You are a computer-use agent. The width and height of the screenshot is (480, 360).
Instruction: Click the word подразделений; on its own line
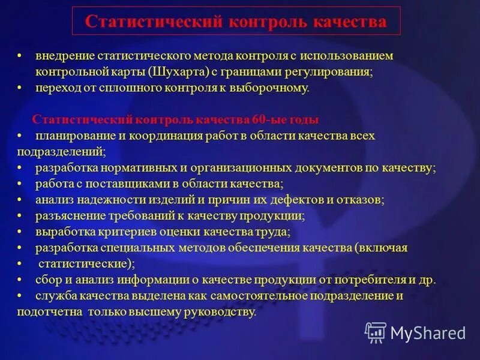(x=61, y=151)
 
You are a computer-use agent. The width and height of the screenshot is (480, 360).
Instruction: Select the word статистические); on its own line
(x=87, y=263)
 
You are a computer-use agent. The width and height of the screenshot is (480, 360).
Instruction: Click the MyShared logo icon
(x=376, y=332)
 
